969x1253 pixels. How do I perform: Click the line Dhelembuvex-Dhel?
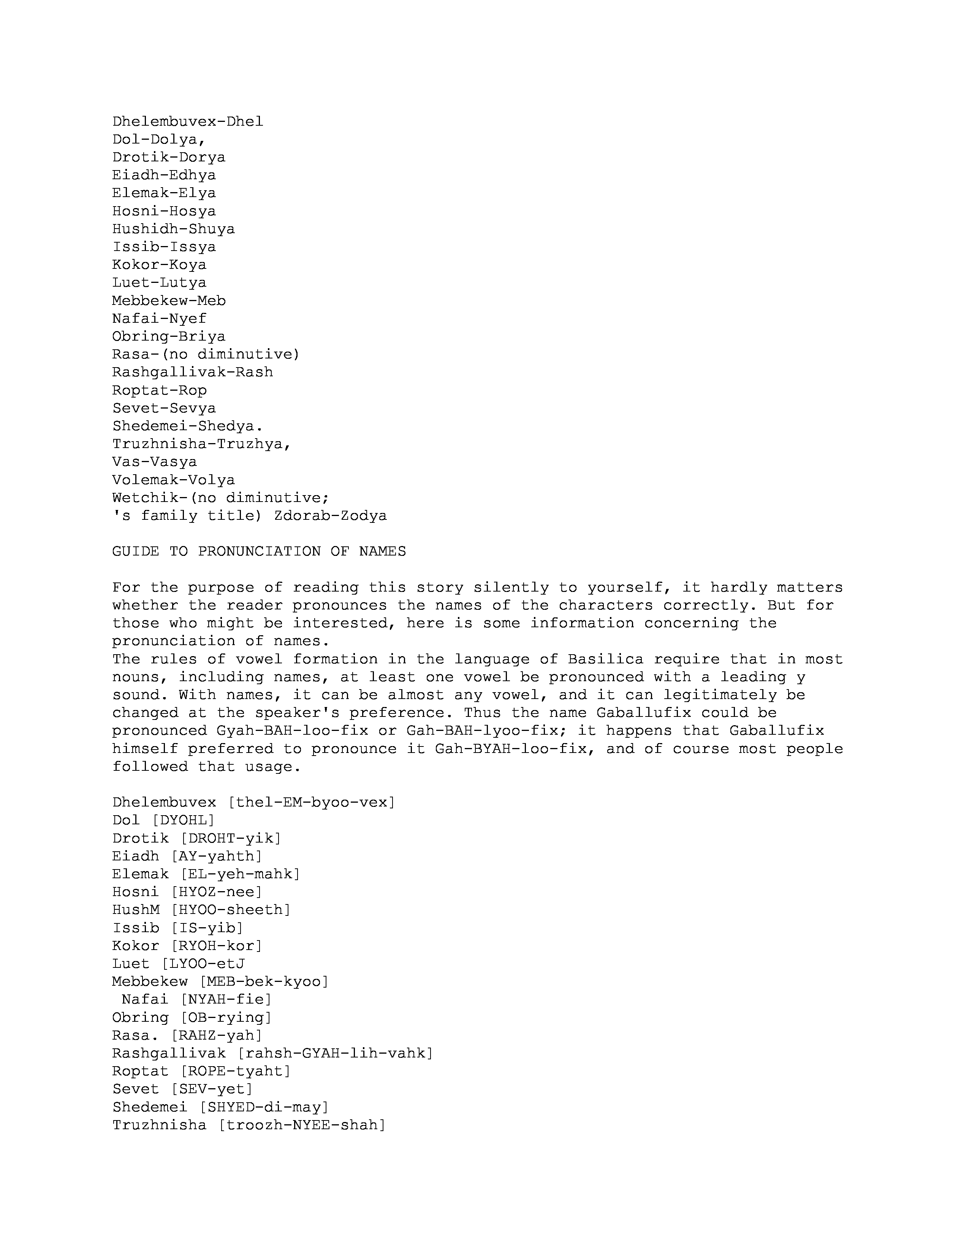point(188,122)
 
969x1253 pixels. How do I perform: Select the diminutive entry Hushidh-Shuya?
point(173,229)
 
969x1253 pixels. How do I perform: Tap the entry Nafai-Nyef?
point(159,319)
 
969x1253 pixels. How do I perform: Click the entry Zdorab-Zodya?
point(331,516)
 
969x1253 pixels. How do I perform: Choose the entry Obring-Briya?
point(169,336)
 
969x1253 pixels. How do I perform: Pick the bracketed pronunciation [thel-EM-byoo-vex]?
point(312,802)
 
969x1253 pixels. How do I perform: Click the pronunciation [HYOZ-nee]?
point(217,892)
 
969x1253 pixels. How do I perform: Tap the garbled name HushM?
point(136,910)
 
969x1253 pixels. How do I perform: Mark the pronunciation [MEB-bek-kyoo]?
point(264,982)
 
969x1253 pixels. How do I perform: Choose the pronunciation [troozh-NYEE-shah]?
point(302,1125)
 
